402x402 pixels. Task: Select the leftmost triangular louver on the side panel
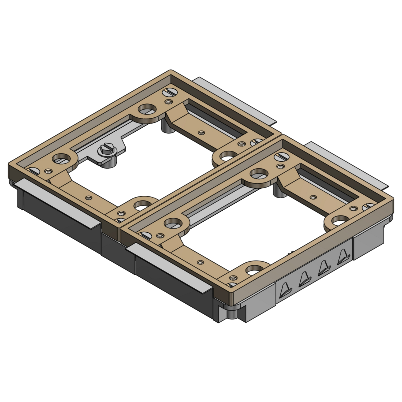[285, 291]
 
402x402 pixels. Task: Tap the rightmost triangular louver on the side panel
[343, 255]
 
